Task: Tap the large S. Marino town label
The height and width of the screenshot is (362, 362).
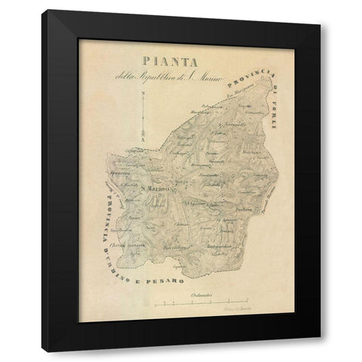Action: (x=153, y=189)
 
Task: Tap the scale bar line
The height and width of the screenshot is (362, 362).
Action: (x=204, y=303)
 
